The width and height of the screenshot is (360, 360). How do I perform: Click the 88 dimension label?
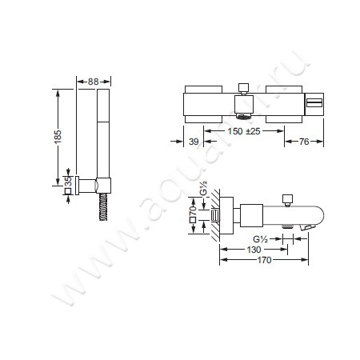coord(93,82)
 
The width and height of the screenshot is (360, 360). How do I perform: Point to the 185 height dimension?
coord(58,137)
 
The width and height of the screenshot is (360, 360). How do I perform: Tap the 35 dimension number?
coord(68,182)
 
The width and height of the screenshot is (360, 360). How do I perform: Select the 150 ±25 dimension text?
coord(244,131)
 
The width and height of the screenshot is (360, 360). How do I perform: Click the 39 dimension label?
coord(194,142)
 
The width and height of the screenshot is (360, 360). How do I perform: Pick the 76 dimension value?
coord(304,142)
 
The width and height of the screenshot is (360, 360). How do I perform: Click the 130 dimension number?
coord(254,250)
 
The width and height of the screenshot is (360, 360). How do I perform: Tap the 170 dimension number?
coord(264,260)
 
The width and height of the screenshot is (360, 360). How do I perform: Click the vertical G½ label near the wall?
coord(204,189)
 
